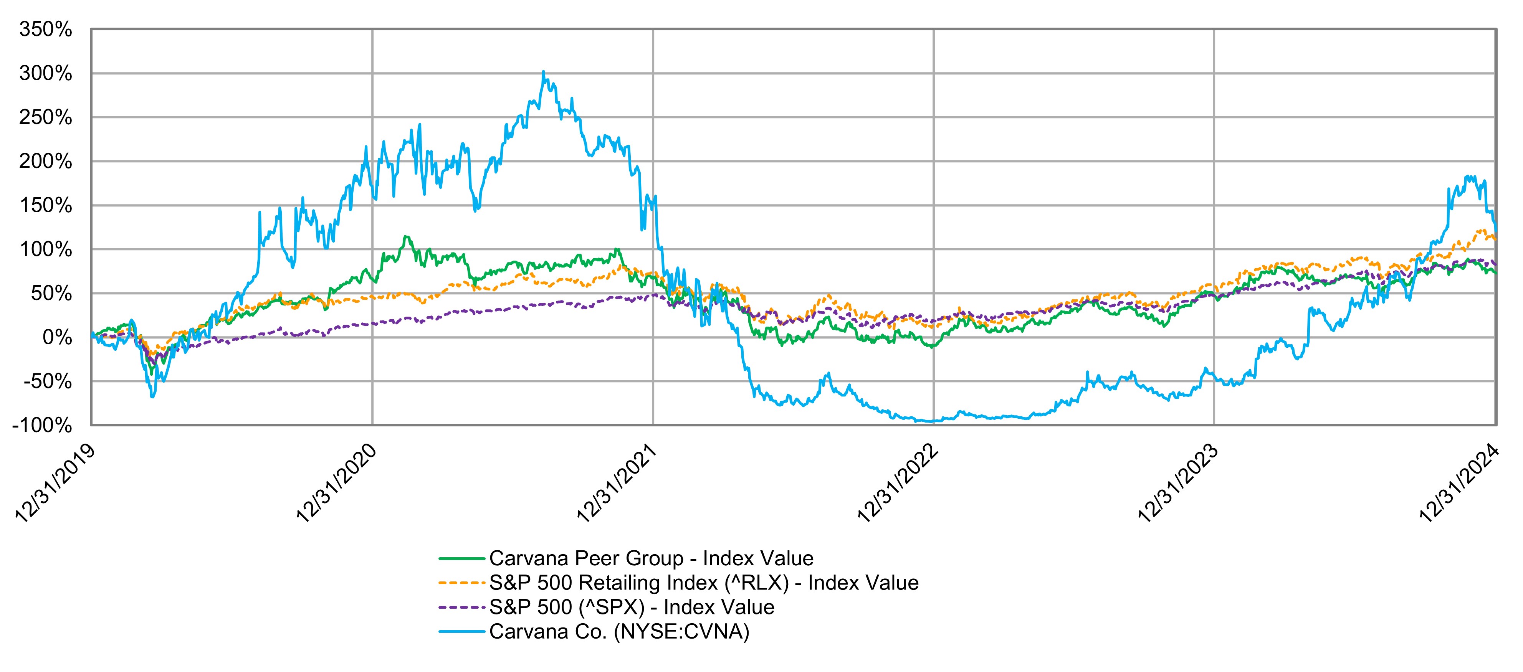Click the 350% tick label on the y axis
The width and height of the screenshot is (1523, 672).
46,30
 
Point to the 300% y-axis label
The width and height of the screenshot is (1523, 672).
46,74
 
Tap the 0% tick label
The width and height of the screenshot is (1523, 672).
57,337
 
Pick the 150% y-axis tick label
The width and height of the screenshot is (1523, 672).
46,206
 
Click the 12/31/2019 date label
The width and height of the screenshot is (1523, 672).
55,484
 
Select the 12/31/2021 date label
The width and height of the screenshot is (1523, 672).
616,484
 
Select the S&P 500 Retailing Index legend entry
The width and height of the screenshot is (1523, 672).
704,583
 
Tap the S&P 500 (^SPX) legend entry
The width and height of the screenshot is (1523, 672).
632,607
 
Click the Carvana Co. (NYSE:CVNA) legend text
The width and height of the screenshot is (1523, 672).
619,632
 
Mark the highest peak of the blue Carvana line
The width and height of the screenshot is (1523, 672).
543,72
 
